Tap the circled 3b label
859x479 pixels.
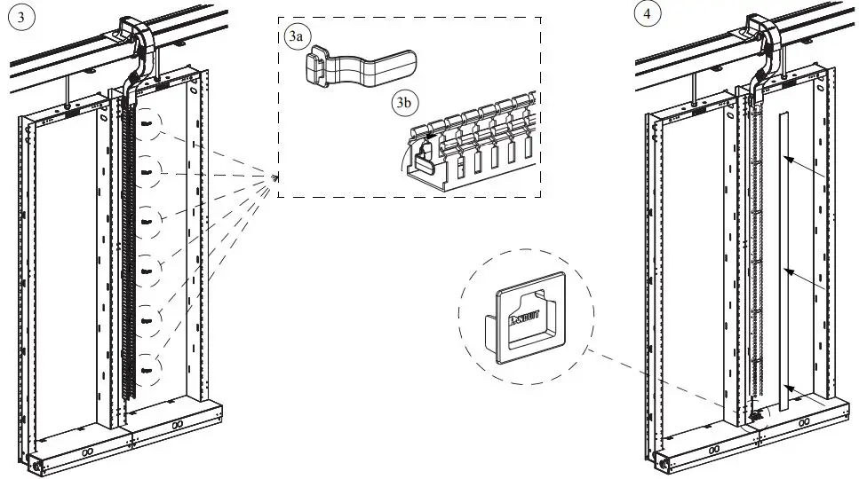[x=404, y=103]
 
